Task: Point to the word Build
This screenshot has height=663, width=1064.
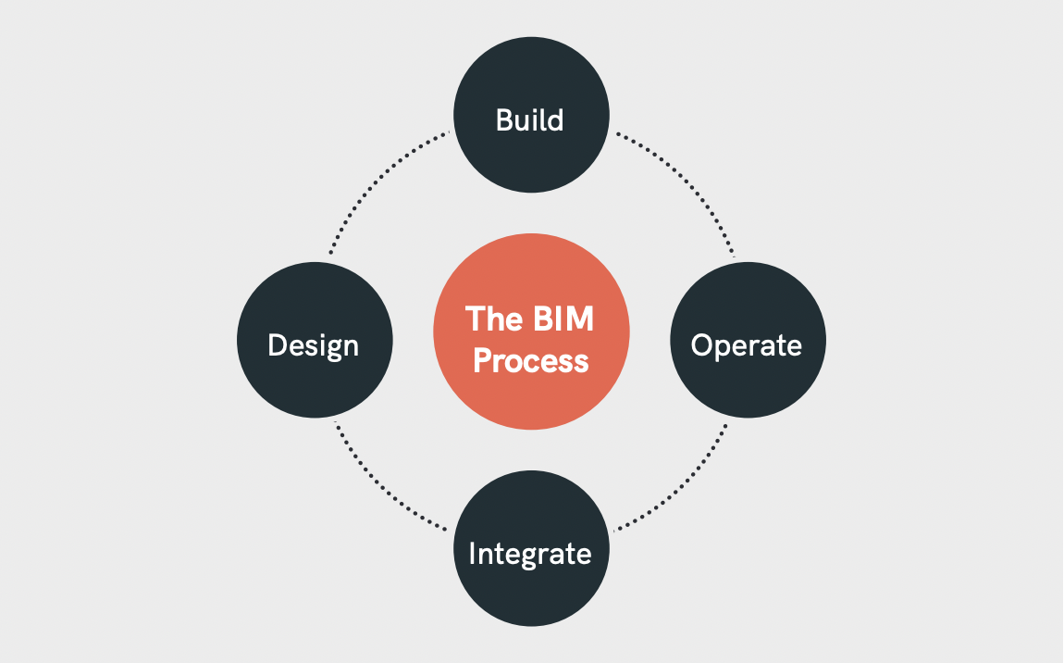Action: (530, 120)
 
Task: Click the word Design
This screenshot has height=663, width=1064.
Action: (313, 345)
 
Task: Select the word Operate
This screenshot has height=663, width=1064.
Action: (746, 345)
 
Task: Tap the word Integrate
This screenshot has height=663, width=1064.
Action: (530, 553)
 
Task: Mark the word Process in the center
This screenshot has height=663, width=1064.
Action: (531, 360)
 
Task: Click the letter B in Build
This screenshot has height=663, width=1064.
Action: (504, 120)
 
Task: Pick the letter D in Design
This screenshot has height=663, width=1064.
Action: (276, 345)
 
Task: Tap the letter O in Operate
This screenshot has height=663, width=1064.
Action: (702, 345)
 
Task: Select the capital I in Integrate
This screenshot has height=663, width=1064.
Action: (472, 553)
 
